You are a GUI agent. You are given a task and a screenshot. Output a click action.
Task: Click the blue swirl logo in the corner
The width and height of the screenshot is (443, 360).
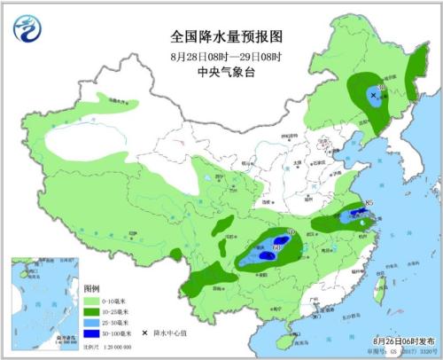[26, 30]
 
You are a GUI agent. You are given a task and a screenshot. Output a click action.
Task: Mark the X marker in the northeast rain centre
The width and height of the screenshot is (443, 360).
[374, 94]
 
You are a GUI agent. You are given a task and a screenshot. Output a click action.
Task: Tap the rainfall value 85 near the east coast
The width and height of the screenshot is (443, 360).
[367, 206]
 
